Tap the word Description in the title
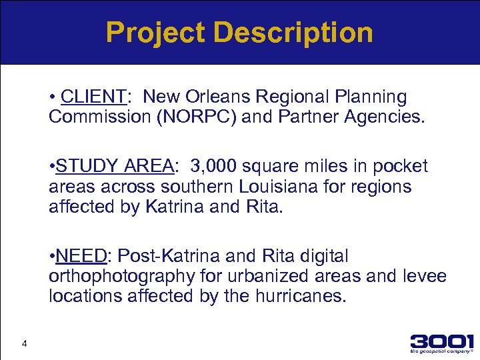(x=294, y=32)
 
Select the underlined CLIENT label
(x=93, y=97)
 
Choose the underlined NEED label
(x=82, y=256)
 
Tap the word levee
(x=423, y=276)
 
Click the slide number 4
(x=24, y=344)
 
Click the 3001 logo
(x=442, y=341)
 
